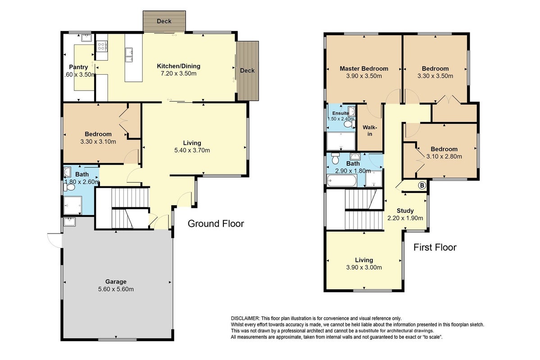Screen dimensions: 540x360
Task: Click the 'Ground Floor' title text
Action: click(x=216, y=224)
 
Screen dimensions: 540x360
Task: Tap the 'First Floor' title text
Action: click(x=435, y=247)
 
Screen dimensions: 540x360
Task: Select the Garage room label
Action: click(x=116, y=282)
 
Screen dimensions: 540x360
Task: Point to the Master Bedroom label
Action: click(x=363, y=68)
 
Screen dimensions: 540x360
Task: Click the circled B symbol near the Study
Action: click(x=422, y=185)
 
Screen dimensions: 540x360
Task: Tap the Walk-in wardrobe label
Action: click(x=369, y=130)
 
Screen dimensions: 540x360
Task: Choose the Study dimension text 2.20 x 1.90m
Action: click(x=405, y=218)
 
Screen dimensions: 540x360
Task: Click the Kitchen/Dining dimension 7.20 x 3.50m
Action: click(x=178, y=73)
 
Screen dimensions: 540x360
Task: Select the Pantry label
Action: click(x=78, y=67)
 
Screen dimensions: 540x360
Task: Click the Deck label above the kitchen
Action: click(x=164, y=21)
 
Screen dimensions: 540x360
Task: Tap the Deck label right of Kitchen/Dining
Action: click(x=247, y=70)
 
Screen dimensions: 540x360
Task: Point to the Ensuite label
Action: click(x=340, y=113)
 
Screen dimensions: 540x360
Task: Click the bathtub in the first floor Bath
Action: click(x=341, y=181)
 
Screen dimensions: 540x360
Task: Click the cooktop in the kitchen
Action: click(x=102, y=46)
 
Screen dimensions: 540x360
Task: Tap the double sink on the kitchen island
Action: click(x=129, y=55)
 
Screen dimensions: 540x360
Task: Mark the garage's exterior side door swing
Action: click(x=54, y=240)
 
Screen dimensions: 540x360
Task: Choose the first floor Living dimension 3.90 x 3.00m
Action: click(x=363, y=267)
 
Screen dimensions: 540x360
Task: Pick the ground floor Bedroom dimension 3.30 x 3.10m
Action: click(x=98, y=141)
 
